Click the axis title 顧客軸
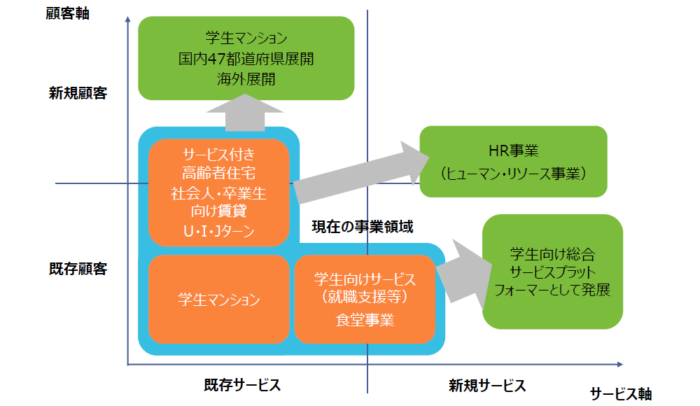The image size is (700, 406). (x=67, y=13)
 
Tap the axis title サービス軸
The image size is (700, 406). (x=621, y=393)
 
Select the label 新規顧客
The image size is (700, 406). (x=78, y=93)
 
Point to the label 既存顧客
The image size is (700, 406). (x=78, y=269)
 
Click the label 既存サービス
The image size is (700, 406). (x=242, y=384)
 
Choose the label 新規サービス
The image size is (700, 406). (x=487, y=386)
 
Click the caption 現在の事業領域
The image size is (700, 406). (x=363, y=227)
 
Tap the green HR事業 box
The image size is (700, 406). (x=513, y=162)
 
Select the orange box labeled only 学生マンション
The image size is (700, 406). (x=218, y=300)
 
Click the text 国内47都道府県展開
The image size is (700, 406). (x=246, y=59)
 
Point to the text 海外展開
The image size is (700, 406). (x=246, y=79)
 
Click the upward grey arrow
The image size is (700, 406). (x=245, y=113)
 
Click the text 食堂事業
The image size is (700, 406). (x=365, y=320)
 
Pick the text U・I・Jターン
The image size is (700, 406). (x=218, y=231)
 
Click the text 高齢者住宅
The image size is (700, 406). (x=218, y=173)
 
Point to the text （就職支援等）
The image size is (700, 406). (x=365, y=297)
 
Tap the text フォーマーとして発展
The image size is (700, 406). (x=552, y=290)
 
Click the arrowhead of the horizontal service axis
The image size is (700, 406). (x=620, y=365)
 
